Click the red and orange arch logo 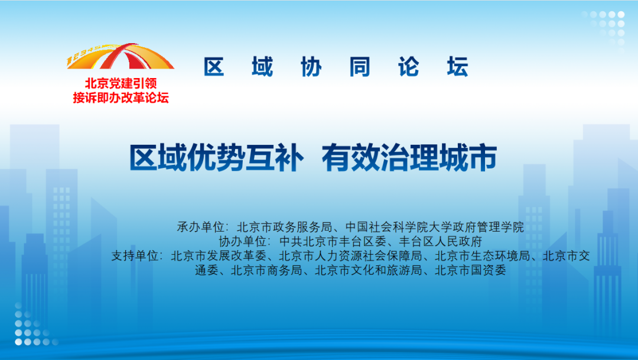[x=121, y=56]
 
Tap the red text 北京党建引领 [x=121, y=83]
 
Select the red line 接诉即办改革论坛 [x=121, y=98]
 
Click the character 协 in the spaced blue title [x=311, y=67]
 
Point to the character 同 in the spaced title [x=360, y=67]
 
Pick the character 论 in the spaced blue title [x=409, y=67]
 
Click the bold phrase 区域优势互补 [x=216, y=158]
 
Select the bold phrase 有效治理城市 [x=409, y=158]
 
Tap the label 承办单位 [x=200, y=227]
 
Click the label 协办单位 [x=243, y=242]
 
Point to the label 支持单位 [x=135, y=256]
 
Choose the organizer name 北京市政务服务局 [x=284, y=227]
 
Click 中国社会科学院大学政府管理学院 [x=435, y=227]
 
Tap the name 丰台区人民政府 [x=440, y=242]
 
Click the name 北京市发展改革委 [x=219, y=256]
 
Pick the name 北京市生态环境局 [x=482, y=256]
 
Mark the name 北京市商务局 [x=266, y=270]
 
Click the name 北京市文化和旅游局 [x=368, y=270]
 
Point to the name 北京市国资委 [x=470, y=270]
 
